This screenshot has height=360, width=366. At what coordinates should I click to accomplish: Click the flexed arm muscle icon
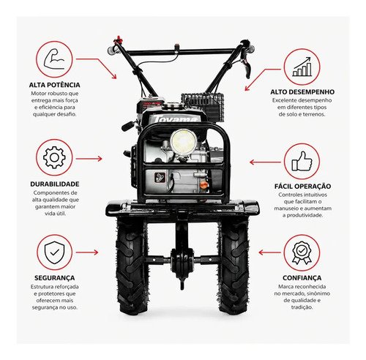click(x=54, y=59)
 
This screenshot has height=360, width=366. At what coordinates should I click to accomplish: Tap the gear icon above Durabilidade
click(x=54, y=157)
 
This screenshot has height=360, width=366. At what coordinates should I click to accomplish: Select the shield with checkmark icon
click(x=54, y=252)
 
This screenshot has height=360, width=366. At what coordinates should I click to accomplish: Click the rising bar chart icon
click(x=302, y=67)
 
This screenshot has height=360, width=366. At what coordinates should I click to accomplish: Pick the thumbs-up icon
click(x=302, y=161)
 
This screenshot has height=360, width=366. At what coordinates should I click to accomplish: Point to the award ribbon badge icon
click(x=302, y=253)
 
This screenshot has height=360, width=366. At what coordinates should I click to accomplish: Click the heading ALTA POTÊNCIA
click(x=54, y=85)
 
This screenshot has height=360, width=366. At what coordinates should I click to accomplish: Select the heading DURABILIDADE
click(x=55, y=184)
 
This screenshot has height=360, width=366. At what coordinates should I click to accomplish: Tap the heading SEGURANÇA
click(x=54, y=278)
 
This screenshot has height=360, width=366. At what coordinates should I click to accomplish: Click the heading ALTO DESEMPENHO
click(x=302, y=92)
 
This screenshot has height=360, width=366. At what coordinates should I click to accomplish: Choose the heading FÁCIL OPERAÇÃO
click(x=302, y=186)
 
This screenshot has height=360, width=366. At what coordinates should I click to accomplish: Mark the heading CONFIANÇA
click(x=302, y=278)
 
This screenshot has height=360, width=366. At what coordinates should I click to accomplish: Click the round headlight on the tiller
click(x=184, y=141)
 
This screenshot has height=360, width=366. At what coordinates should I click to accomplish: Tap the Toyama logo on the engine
click(x=175, y=119)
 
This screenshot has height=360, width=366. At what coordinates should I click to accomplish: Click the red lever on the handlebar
click(x=119, y=39)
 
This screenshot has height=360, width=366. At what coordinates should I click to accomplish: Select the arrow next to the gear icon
click(x=89, y=159)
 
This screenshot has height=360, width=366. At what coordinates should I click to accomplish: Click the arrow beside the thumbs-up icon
click(x=265, y=162)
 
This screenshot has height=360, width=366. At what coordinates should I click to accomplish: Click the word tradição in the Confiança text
click(x=302, y=307)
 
